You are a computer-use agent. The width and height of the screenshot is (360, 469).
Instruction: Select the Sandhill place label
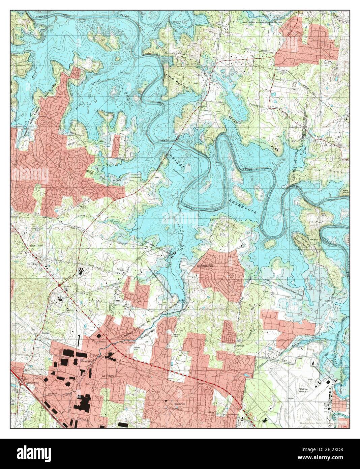[240, 346]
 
